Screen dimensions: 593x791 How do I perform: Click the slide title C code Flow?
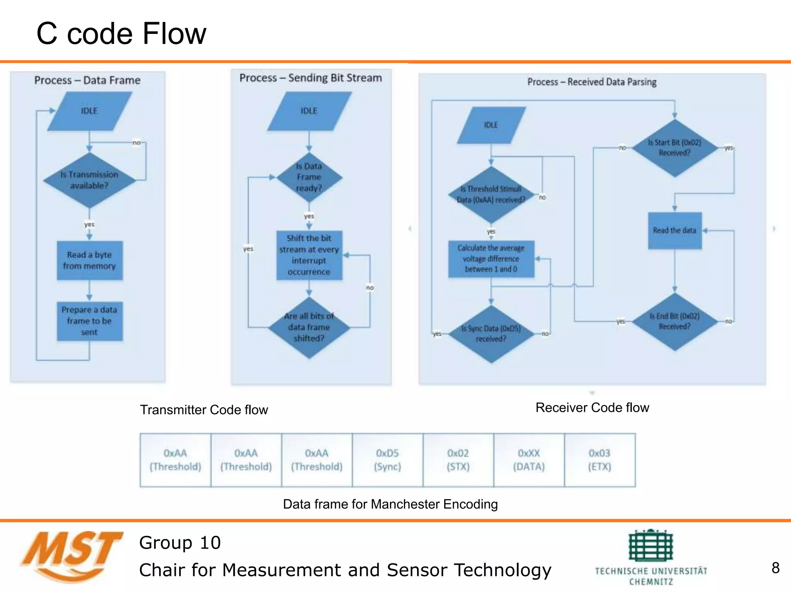click(x=121, y=34)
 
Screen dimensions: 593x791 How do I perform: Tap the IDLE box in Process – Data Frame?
click(x=89, y=111)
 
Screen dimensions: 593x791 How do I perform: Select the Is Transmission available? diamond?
click(x=89, y=180)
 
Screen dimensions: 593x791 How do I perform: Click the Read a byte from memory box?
click(x=90, y=261)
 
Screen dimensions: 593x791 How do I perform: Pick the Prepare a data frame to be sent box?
click(x=90, y=321)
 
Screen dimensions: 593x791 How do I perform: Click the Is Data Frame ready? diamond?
click(x=309, y=177)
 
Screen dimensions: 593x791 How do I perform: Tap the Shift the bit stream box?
click(x=309, y=255)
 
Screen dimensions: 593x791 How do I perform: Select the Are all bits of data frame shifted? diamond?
click(x=309, y=327)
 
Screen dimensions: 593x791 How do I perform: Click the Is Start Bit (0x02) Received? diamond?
click(x=674, y=148)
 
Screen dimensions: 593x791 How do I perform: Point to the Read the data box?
click(x=674, y=230)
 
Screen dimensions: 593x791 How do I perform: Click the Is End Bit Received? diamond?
click(x=674, y=321)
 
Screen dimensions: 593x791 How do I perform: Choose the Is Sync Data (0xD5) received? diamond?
click(x=491, y=334)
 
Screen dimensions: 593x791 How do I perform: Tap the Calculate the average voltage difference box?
click(x=491, y=259)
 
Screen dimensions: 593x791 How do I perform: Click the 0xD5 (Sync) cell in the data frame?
click(x=387, y=460)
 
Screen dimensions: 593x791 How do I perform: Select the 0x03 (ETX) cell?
click(x=599, y=460)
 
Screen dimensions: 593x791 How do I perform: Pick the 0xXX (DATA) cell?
click(x=529, y=460)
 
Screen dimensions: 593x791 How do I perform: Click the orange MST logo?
click(x=71, y=556)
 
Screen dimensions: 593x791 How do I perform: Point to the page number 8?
click(x=775, y=568)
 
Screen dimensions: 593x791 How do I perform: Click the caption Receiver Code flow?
click(x=592, y=408)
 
